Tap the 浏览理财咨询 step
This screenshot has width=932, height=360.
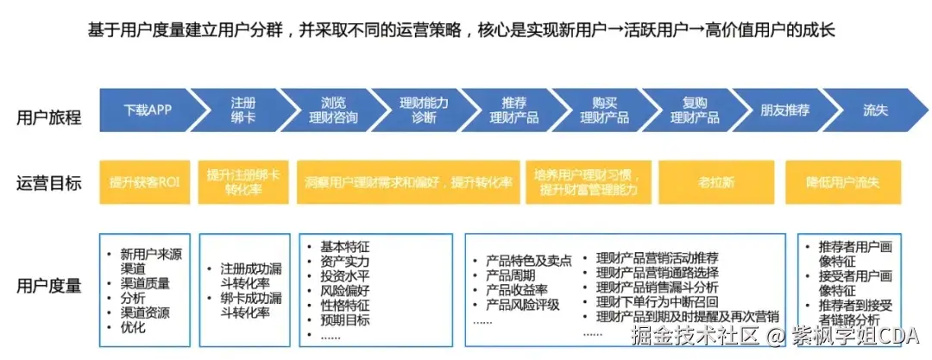(x=333, y=111)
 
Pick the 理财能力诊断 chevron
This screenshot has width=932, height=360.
(x=424, y=111)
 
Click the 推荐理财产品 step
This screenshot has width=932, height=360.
(x=514, y=111)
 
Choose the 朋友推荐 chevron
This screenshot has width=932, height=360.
(x=784, y=111)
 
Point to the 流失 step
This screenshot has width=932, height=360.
(x=875, y=111)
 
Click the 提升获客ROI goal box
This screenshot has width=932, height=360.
(x=144, y=182)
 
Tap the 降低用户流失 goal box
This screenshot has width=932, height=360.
(x=843, y=182)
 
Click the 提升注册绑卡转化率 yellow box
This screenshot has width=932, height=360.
(x=243, y=182)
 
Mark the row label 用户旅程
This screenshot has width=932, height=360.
(x=49, y=117)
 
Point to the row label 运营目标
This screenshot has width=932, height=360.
(x=49, y=183)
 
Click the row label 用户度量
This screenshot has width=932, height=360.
(x=49, y=285)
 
